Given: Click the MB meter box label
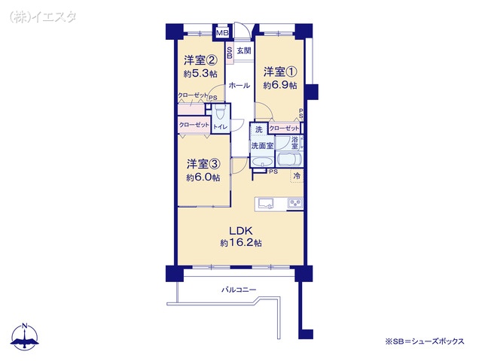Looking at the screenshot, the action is (222, 33).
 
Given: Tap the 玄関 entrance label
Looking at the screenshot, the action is (244, 50).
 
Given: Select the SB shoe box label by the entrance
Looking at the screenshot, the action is (229, 52).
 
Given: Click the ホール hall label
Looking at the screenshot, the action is (239, 85).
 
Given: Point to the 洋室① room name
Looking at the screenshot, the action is (280, 72).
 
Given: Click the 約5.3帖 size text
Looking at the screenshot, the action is (200, 74).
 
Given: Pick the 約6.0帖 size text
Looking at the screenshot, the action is (203, 177).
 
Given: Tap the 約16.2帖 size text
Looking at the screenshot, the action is (241, 243).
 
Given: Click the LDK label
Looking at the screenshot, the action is (241, 230).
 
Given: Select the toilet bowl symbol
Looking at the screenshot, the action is (220, 112).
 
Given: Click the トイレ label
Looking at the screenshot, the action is (221, 126).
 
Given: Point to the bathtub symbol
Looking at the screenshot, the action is (290, 159).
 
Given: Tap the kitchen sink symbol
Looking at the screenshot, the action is (266, 204).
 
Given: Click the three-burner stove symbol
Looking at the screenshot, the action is (295, 204).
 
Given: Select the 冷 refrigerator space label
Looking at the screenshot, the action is (297, 176).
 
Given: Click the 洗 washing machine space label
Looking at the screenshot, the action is (259, 129).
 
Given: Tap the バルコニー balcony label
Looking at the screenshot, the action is (239, 290).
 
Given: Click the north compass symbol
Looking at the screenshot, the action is (25, 336).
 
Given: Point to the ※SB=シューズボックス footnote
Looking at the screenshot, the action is (425, 341).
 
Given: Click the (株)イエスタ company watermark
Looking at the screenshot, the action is (43, 17).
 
